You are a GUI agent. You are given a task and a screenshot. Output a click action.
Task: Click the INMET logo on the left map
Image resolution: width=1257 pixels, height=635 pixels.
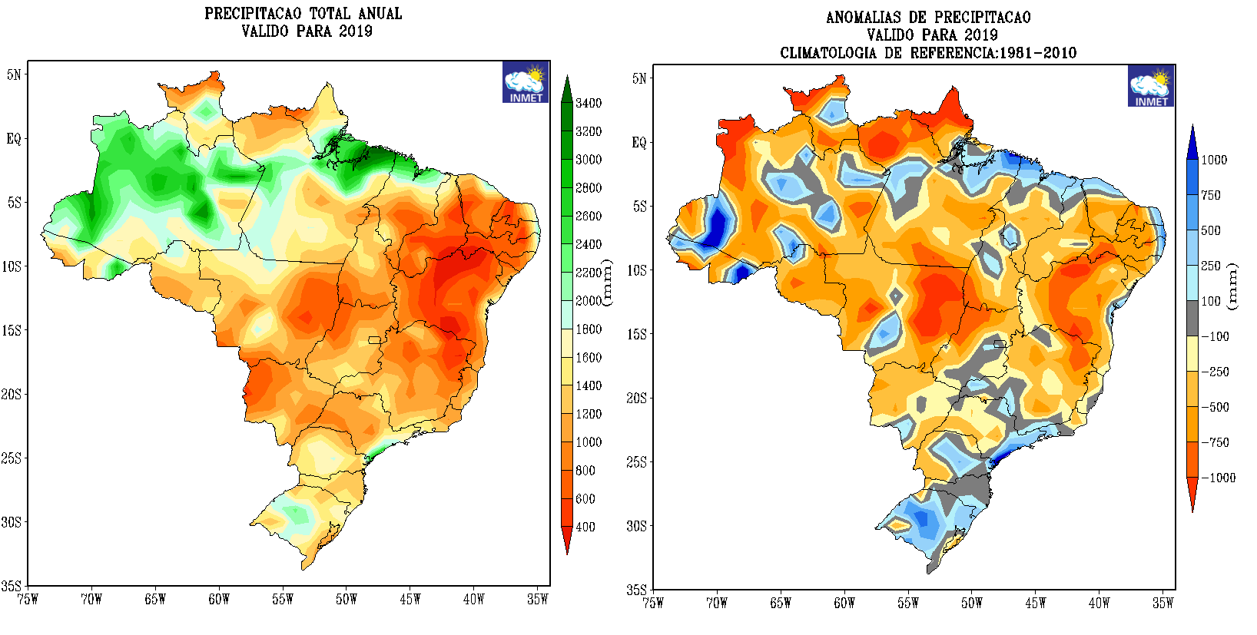point(526,82)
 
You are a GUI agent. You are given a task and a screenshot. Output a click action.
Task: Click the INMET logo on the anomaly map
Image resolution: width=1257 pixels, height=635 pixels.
point(1151,86)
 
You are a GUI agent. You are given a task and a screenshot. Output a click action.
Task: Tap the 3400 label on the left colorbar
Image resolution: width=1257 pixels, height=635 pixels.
point(589,104)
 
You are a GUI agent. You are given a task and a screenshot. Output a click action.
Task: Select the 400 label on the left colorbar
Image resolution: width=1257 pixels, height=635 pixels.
point(585,528)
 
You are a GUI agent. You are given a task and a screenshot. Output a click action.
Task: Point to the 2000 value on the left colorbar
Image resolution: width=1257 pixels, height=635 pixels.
point(589,301)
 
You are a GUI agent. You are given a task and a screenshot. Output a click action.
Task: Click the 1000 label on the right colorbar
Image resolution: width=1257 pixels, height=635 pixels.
point(1214,160)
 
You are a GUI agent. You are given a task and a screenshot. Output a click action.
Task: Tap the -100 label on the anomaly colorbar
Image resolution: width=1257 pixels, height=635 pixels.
point(1215,336)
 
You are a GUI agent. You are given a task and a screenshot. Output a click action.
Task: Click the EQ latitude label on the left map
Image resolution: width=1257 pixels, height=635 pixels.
point(14,139)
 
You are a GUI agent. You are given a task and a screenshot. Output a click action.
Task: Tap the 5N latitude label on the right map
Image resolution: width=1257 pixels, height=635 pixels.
point(639,78)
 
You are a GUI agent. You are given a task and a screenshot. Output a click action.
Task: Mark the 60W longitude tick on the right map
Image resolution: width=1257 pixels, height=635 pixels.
point(844,604)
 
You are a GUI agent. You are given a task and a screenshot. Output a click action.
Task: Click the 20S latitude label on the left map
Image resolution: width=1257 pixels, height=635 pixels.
point(11,395)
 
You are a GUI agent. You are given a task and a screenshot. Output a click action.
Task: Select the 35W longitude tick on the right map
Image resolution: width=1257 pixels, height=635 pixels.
point(1162,604)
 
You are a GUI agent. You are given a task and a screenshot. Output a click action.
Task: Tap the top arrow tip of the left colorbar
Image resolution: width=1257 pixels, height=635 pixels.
point(567,77)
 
